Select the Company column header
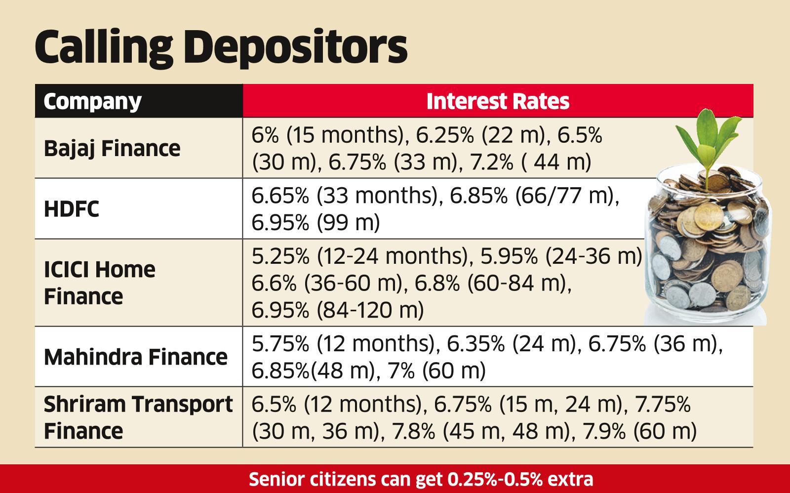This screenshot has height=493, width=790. click(x=92, y=101)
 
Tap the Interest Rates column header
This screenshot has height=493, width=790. click(x=497, y=101)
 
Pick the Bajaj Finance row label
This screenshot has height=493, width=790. click(x=112, y=148)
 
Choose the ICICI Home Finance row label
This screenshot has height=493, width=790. click(x=99, y=283)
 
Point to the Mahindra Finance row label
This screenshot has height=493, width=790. click(x=135, y=357)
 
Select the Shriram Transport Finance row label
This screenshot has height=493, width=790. click(x=138, y=417)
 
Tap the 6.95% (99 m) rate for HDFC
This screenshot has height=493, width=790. click(x=316, y=223)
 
